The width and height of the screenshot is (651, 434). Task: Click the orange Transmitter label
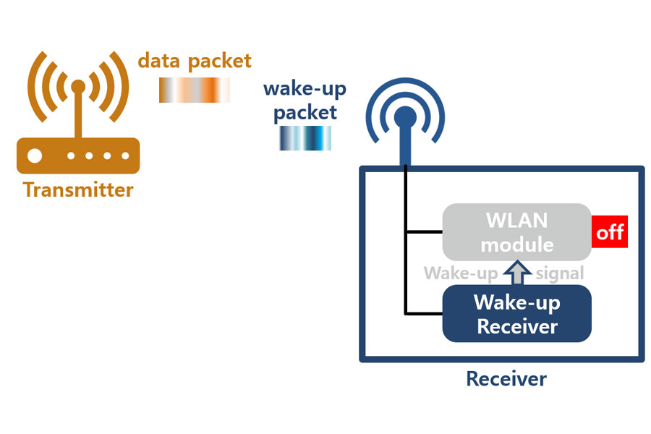tap(78, 190)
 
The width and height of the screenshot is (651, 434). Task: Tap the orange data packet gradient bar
tap(194, 89)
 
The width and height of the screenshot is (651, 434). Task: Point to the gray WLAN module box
tap(516, 231)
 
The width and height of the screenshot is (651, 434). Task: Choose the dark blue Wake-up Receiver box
tap(516, 314)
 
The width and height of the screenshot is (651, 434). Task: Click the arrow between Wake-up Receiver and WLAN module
tap(517, 273)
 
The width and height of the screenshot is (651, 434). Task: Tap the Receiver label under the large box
tap(506, 378)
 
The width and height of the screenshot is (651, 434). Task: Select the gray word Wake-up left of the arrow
tap(461, 273)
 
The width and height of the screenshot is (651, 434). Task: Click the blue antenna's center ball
tap(404, 116)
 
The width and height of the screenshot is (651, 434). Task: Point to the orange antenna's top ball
tap(78, 88)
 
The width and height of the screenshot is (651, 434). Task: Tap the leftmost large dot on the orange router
tap(35, 156)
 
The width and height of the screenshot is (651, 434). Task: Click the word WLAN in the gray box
tap(516, 220)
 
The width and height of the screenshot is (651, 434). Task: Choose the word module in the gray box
tap(516, 244)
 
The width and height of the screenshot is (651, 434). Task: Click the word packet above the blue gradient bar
tap(305, 113)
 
